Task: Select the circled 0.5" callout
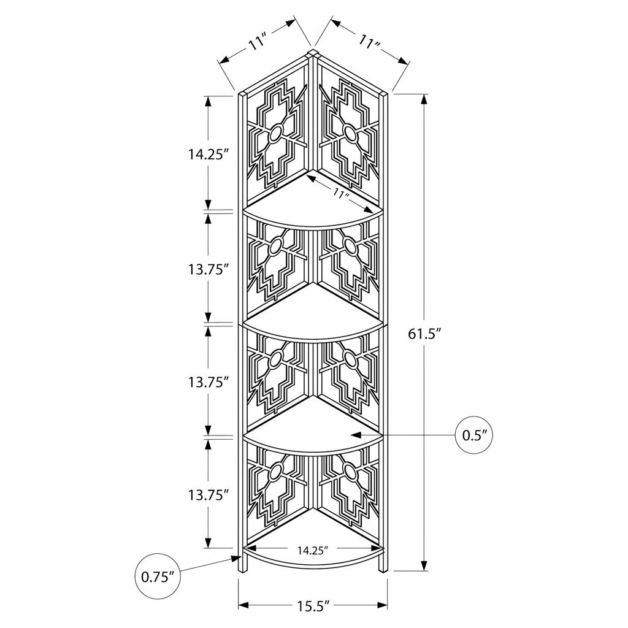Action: point(474,435)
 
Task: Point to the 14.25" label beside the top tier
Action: point(209,155)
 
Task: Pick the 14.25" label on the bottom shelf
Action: point(313,551)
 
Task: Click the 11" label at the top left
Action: point(258,43)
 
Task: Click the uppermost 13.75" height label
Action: point(209,270)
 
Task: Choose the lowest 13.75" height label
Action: point(209,496)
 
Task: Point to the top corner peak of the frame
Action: point(312,52)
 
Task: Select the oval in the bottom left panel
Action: point(275,473)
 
